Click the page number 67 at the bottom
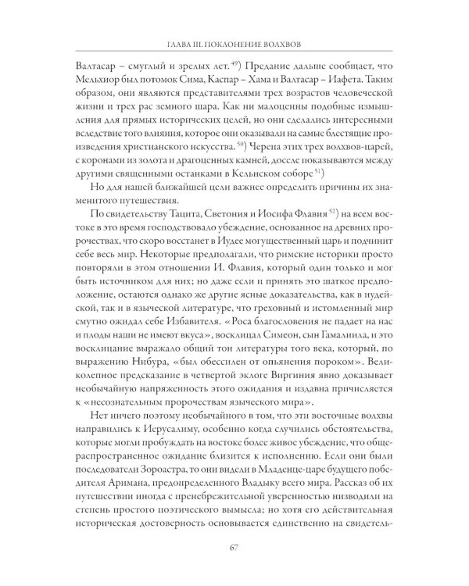pyautogui.click(x=234, y=545)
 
